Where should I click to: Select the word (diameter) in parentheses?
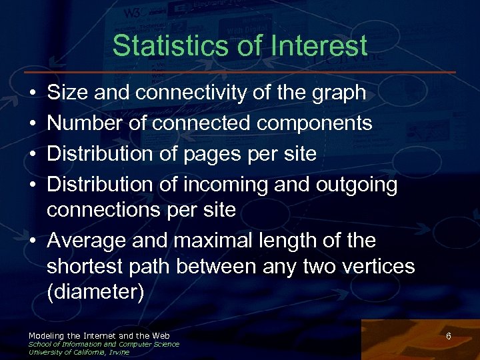pos(95,293)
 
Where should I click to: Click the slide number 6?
pos(449,337)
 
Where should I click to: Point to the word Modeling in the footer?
pos(47,335)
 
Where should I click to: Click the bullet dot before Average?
pos(33,241)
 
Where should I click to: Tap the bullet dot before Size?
pos(33,93)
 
